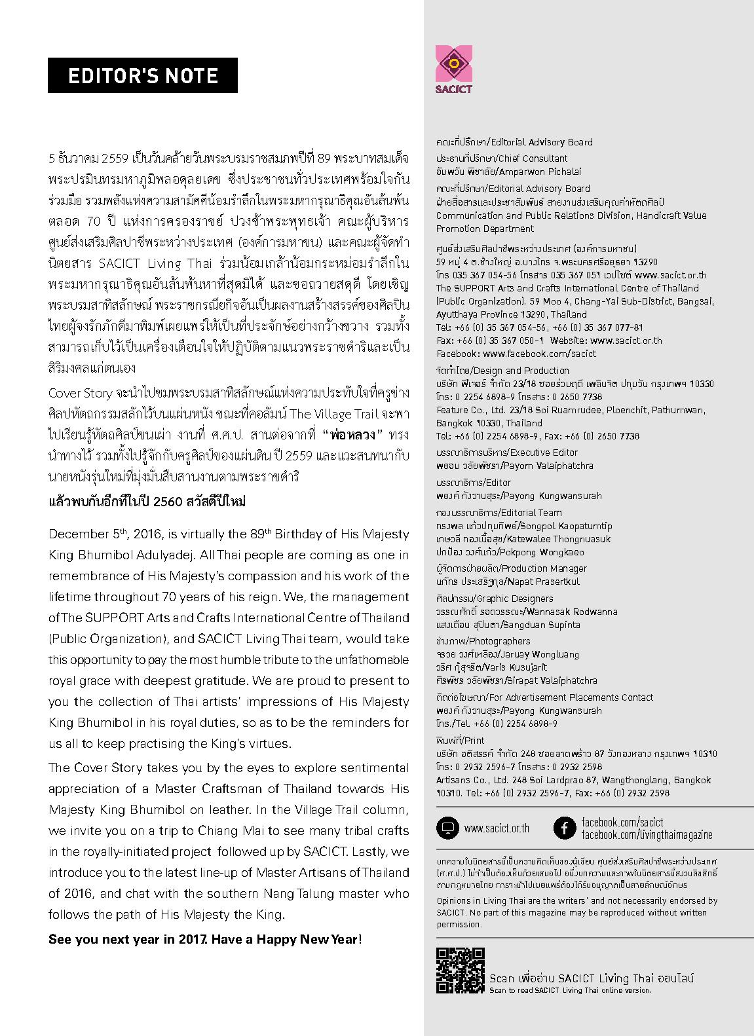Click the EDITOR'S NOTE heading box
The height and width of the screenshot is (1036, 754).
tap(143, 75)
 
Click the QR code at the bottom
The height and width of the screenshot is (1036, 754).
tap(461, 970)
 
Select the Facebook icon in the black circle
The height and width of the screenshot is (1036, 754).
tap(564, 828)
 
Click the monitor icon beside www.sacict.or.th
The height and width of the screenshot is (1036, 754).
tap(448, 828)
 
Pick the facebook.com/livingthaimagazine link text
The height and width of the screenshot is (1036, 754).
tap(647, 835)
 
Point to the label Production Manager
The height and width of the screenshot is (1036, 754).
tap(544, 568)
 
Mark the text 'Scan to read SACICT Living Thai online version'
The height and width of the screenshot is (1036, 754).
tap(570, 990)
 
